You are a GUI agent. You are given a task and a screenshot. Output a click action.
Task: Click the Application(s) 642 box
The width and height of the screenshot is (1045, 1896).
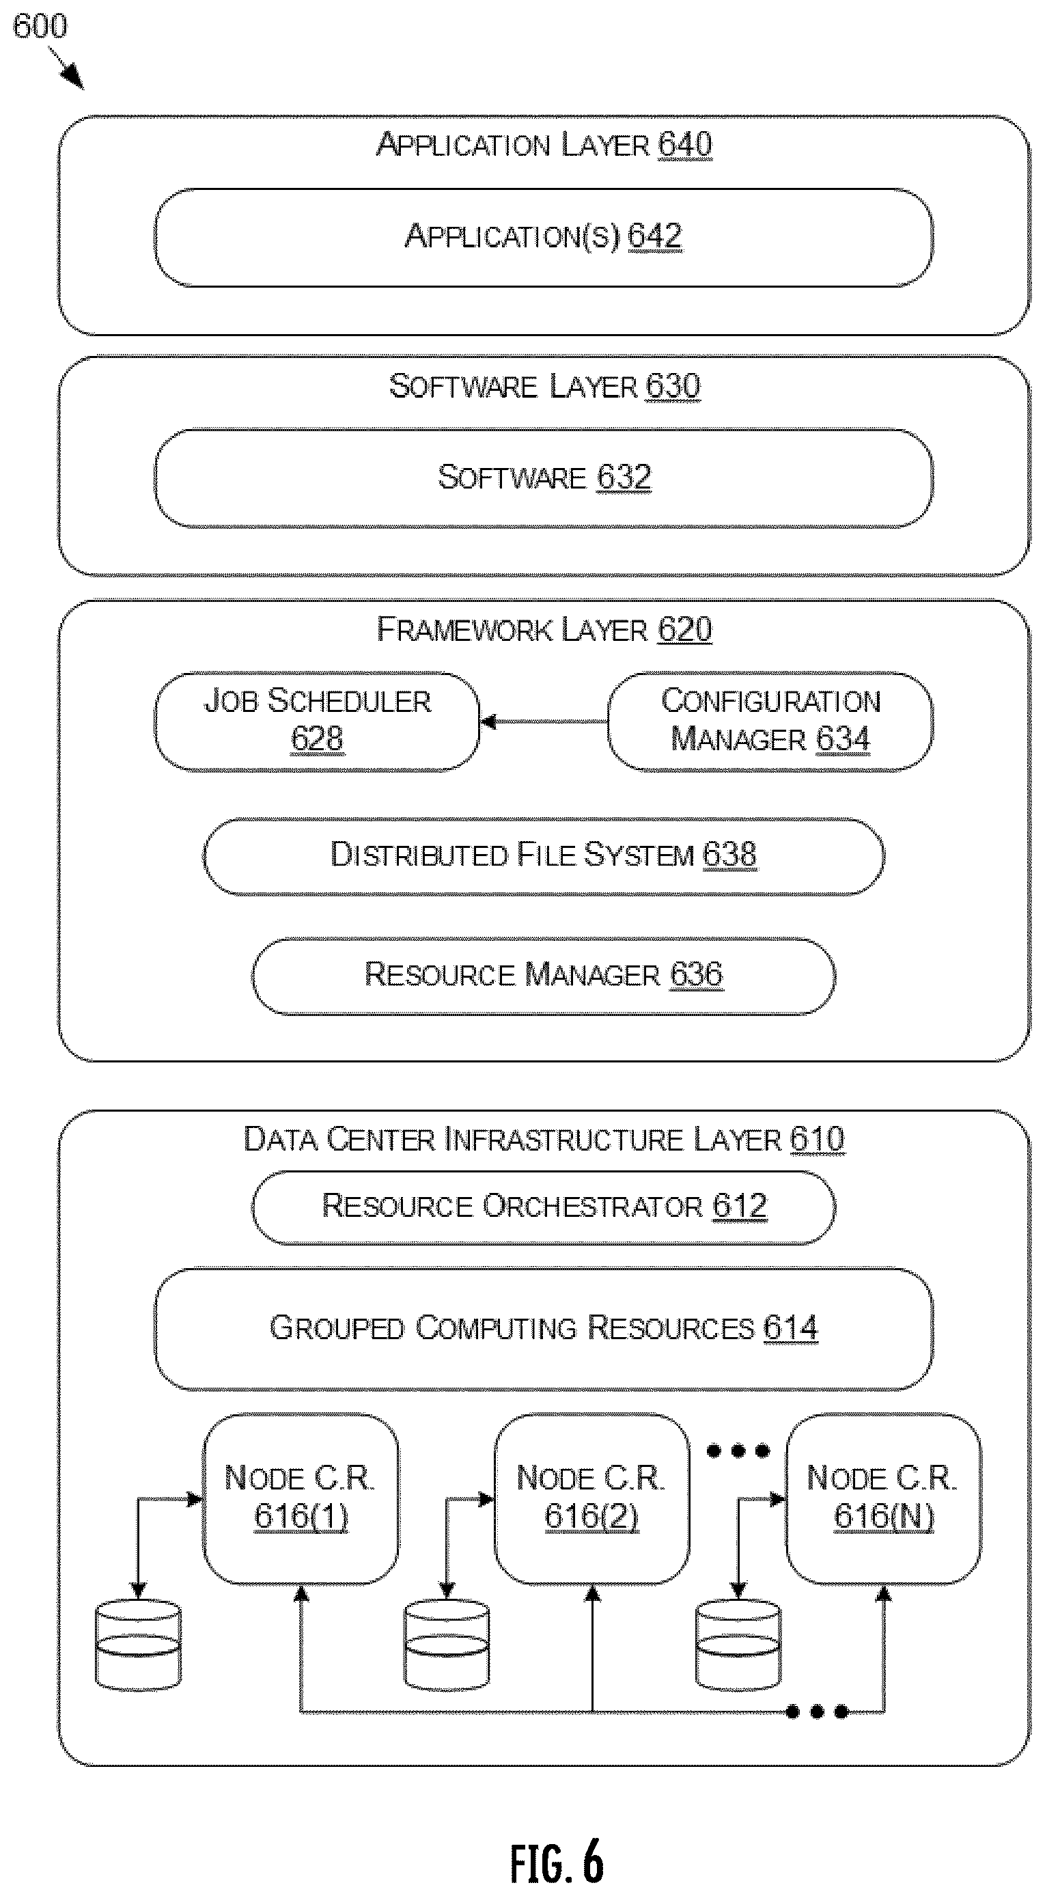tap(544, 237)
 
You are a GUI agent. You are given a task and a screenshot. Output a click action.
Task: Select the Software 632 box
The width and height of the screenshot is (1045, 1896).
tap(544, 478)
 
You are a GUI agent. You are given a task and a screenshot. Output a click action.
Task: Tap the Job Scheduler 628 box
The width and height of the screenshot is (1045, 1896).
tap(317, 722)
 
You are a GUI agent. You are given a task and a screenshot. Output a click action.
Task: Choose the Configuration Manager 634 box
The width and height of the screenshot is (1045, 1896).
tap(770, 722)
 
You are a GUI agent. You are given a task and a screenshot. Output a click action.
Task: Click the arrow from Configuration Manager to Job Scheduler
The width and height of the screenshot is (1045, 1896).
tap(544, 722)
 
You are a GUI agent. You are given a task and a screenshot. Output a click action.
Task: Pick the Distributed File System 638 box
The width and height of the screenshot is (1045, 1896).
tap(544, 856)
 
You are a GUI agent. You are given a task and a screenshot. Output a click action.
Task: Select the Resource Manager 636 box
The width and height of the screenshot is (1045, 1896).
tap(544, 976)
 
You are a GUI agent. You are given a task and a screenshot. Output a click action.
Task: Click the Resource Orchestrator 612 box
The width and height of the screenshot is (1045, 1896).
tap(544, 1207)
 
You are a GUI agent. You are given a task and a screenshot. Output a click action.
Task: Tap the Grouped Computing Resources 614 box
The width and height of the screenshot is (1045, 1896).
tap(544, 1328)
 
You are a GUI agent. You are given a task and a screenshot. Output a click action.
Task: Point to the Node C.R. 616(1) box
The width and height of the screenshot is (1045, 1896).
tap(301, 1498)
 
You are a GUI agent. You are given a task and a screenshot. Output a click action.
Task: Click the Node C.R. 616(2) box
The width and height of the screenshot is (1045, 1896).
tap(592, 1498)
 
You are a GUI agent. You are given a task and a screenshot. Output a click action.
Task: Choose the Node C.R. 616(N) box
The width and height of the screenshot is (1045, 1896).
tap(884, 1498)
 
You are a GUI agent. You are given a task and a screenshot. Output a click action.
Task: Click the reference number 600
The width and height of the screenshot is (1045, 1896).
tap(40, 27)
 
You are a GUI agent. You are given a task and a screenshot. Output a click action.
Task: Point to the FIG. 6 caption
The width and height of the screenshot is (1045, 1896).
tap(557, 1859)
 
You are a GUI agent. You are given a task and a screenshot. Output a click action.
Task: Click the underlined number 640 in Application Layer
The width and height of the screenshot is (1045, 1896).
tap(685, 144)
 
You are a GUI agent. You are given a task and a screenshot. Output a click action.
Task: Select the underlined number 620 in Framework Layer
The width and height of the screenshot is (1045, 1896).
tap(685, 630)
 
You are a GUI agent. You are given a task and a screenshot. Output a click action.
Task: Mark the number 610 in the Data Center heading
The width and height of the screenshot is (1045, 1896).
tap(818, 1140)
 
